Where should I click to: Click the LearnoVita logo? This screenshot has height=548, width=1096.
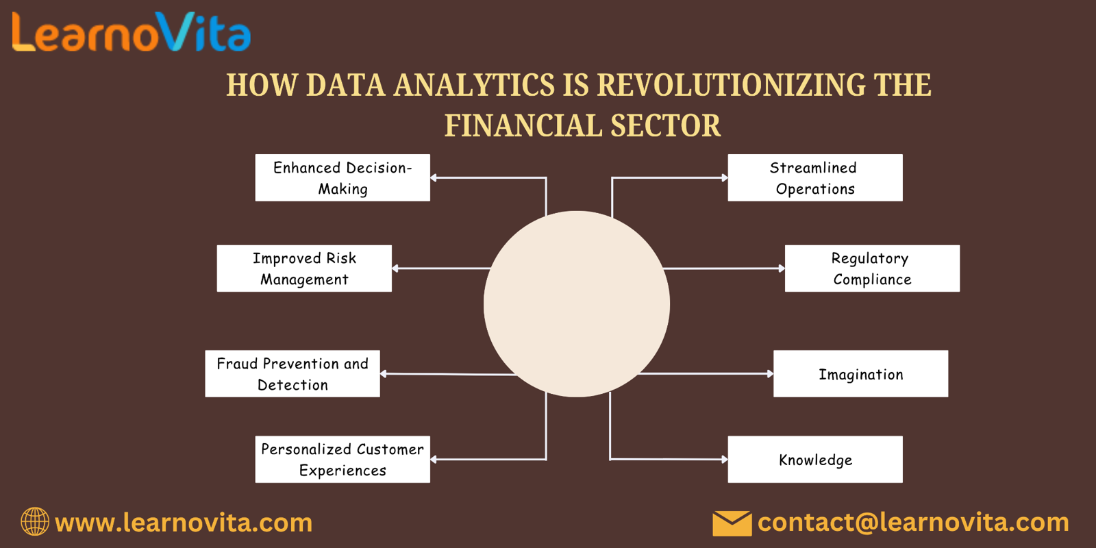coord(131,32)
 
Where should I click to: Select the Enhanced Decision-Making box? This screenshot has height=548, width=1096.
coord(342,177)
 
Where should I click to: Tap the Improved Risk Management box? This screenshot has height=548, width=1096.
coord(304,268)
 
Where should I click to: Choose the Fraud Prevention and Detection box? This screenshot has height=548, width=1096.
coord(292,373)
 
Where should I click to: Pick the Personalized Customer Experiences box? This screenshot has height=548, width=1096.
coord(342,460)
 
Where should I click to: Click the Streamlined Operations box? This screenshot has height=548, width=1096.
coord(815,177)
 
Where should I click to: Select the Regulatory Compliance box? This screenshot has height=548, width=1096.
coord(873,268)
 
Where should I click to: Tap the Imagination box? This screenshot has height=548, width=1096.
coord(860,373)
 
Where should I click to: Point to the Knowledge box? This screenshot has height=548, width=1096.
coord(815,460)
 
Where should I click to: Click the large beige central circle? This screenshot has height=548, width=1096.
coord(577,304)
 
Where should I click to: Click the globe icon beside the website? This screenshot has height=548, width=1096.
coord(35,521)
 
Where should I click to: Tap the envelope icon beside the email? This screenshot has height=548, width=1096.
coord(732,523)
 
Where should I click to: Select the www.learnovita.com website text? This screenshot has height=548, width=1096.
coord(184,523)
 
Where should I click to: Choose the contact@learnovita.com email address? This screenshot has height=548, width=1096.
coord(913,523)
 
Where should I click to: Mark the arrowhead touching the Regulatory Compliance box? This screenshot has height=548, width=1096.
coord(782,268)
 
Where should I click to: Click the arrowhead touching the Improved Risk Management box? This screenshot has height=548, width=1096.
coord(395,268)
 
